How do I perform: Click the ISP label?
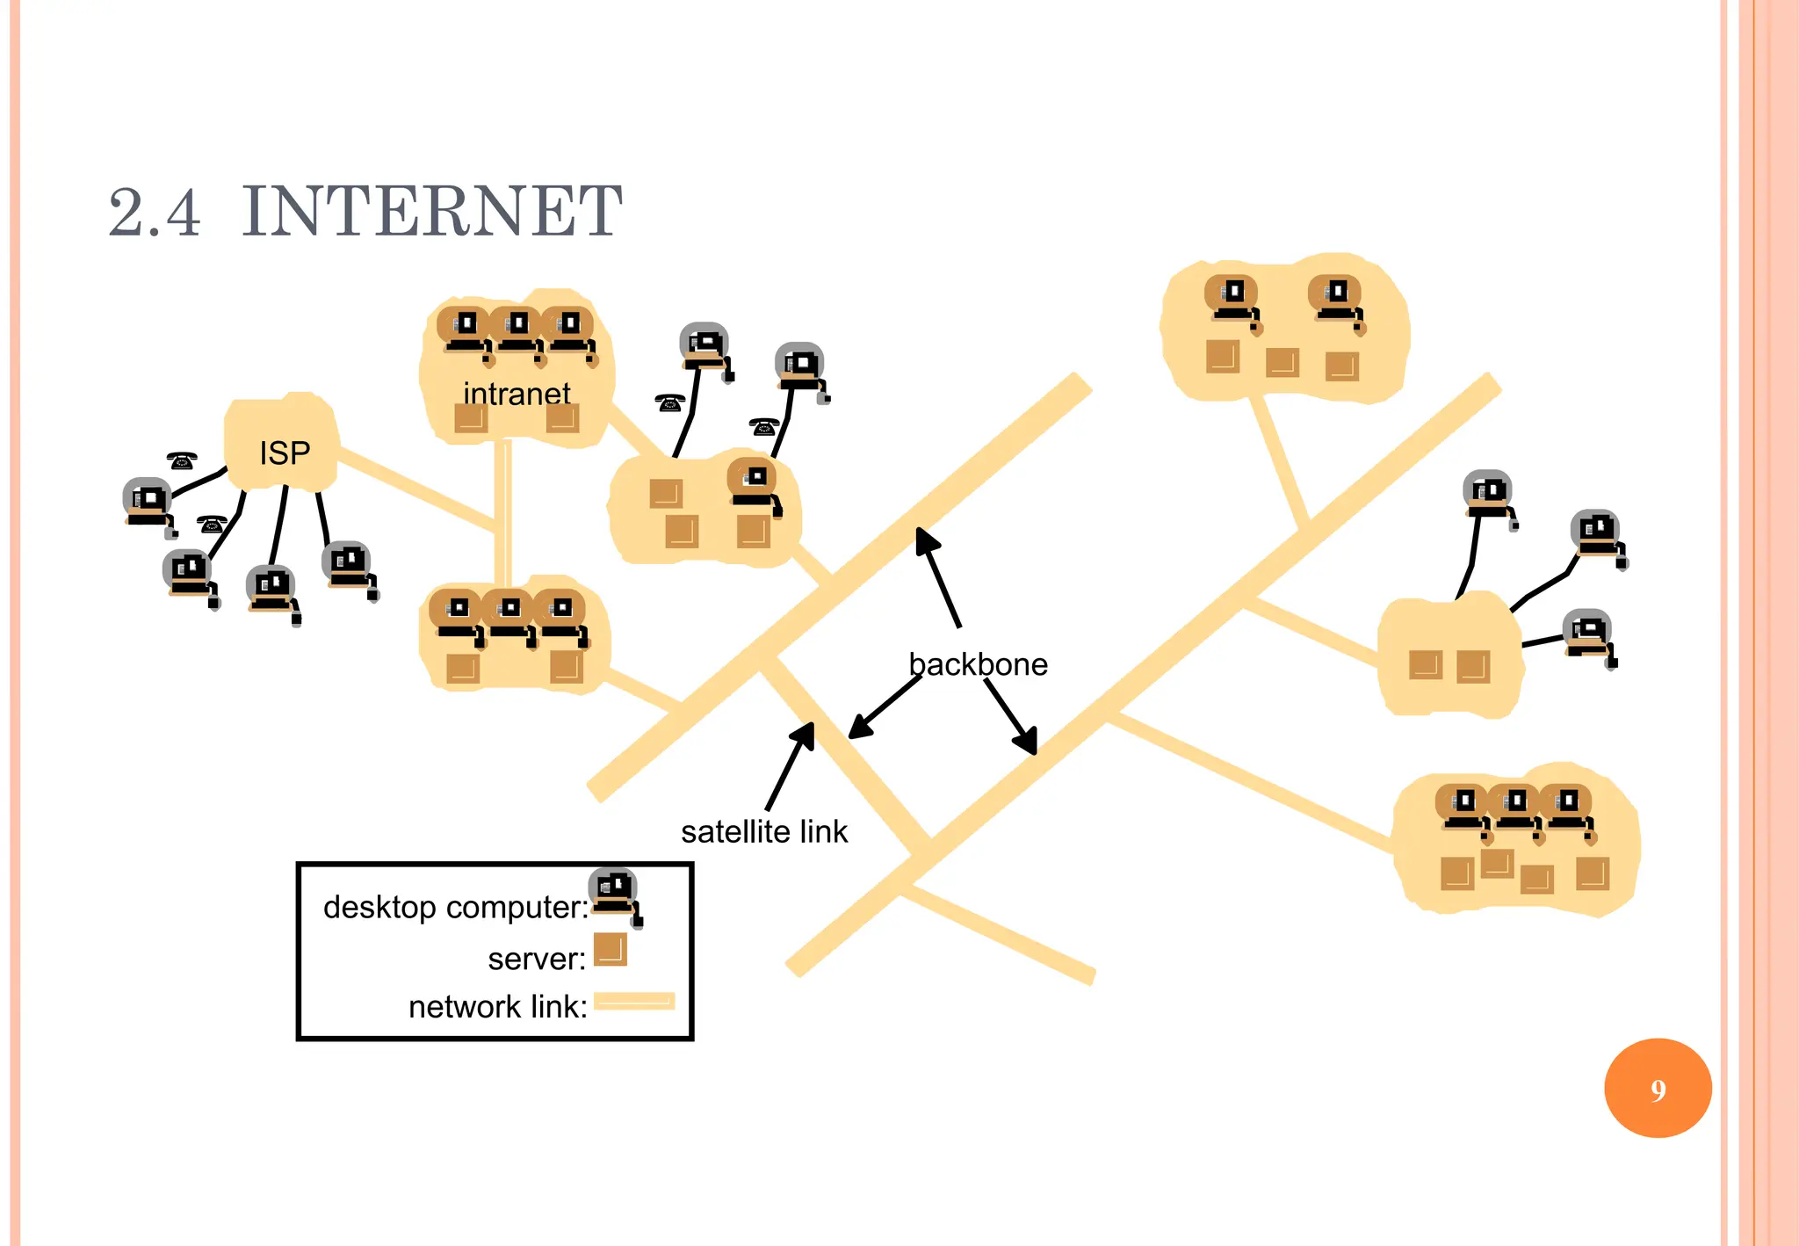285,453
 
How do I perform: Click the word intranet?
517,394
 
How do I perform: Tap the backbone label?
978,664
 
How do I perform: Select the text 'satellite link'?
764,831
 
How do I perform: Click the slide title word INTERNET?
432,212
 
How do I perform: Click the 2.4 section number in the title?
155,214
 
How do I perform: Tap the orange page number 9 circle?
1657,1089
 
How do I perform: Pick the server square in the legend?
610,950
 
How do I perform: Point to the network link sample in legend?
634,1001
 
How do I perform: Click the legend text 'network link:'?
497,1007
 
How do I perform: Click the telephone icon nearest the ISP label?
182,460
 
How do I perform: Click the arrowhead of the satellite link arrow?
806,733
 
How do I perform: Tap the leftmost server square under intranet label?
471,417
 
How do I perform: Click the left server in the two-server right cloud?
1425,665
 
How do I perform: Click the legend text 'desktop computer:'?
455,907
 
